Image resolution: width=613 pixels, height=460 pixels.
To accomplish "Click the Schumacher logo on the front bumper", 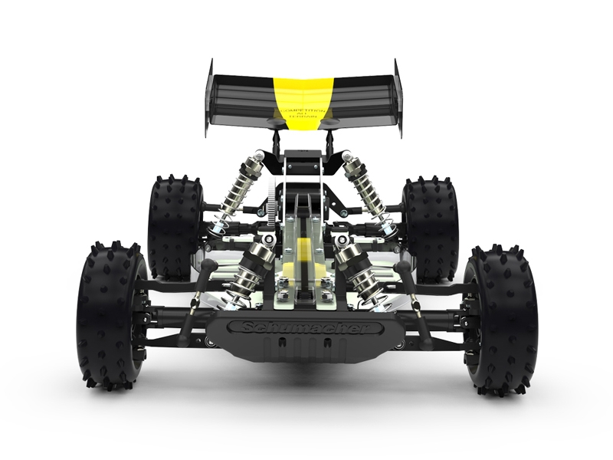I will (302, 328).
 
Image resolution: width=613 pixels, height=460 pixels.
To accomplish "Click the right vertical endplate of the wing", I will (398, 97).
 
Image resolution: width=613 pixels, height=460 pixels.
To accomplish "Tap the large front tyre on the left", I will (111, 314).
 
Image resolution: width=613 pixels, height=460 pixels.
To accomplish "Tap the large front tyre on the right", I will (502, 316).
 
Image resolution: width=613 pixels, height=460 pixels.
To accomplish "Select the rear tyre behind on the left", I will (175, 227).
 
